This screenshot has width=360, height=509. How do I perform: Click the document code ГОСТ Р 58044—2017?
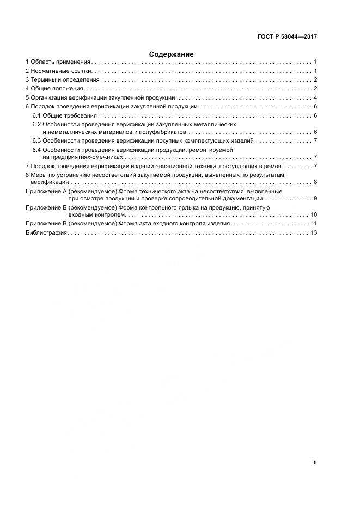[x=287, y=37]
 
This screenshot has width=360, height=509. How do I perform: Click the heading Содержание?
[x=171, y=54]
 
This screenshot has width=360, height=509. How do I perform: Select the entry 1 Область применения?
[x=58, y=63]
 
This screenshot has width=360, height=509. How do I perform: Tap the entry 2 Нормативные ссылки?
[x=59, y=71]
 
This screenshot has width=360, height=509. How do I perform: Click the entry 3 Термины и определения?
[x=62, y=80]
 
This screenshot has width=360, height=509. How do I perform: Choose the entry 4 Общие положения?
[x=54, y=88]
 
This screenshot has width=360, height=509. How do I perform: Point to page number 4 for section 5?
[x=315, y=97]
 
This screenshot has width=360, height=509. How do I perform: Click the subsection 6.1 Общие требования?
[x=64, y=116]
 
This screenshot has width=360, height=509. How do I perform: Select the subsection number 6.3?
[x=36, y=141]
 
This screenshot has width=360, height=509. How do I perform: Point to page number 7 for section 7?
[x=315, y=166]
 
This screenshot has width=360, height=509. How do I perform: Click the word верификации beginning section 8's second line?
[x=43, y=182]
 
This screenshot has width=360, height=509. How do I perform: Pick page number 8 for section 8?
[x=315, y=182]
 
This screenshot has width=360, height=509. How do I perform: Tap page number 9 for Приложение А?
[x=315, y=199]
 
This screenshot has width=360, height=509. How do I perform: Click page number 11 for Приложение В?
[x=314, y=224]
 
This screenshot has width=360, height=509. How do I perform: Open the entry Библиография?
[x=46, y=232]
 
